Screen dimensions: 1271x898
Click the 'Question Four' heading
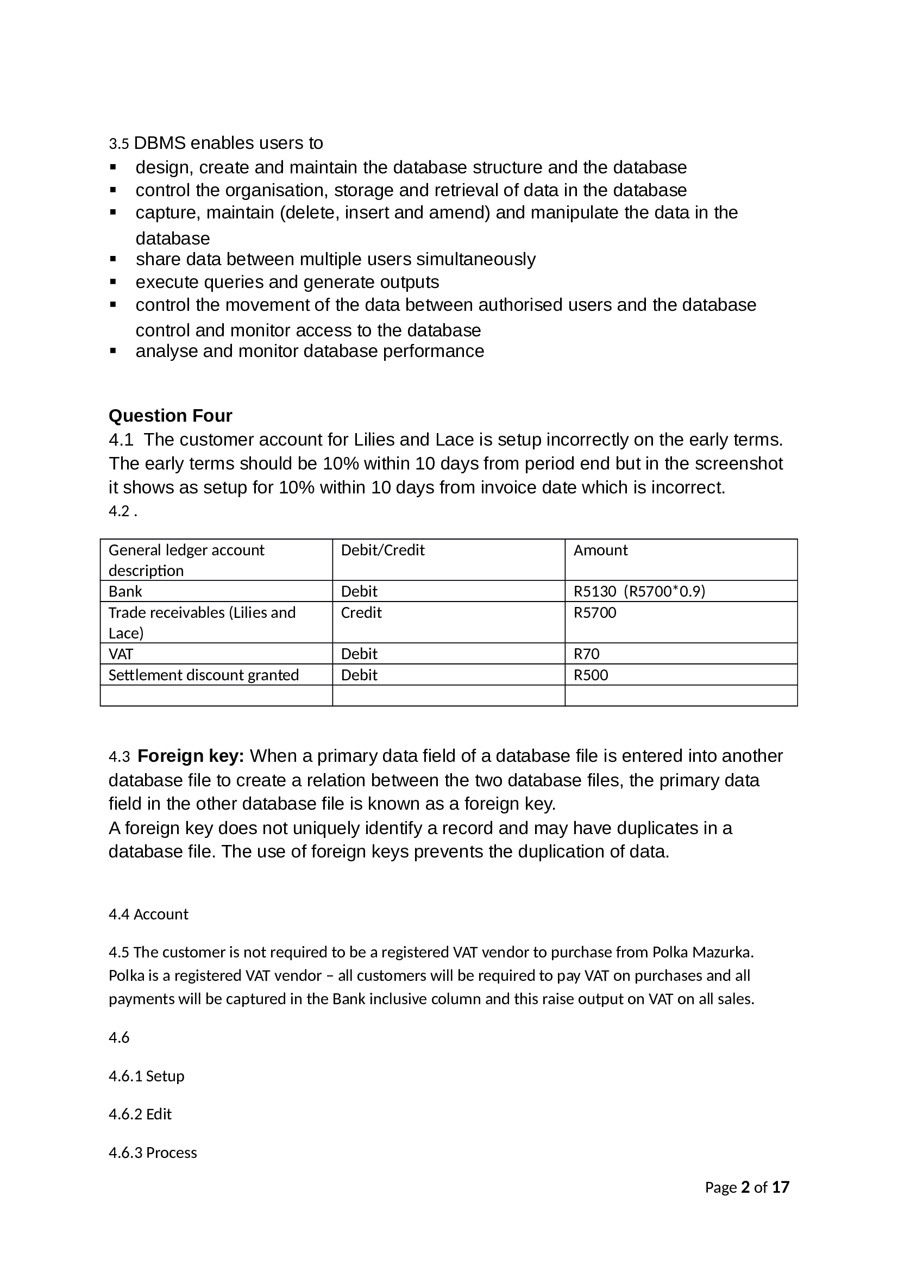click(x=170, y=415)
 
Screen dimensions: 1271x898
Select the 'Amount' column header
click(x=600, y=550)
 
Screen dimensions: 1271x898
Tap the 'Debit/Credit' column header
click(x=382, y=550)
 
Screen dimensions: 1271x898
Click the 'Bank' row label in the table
click(x=125, y=591)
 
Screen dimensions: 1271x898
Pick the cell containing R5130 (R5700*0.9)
click(x=639, y=591)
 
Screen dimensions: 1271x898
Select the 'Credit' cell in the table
click(x=361, y=612)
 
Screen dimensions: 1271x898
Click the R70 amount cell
click(x=587, y=654)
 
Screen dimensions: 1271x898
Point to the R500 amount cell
click(x=591, y=675)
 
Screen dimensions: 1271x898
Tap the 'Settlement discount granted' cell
click(x=204, y=675)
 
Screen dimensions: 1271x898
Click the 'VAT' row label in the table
click(x=121, y=654)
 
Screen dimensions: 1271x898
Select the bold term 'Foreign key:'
click(x=191, y=756)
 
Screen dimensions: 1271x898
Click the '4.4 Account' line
click(x=148, y=914)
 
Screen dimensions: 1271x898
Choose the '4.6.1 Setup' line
click(x=146, y=1075)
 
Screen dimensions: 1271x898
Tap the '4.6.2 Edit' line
click(x=140, y=1114)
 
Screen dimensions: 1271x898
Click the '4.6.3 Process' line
click(x=153, y=1153)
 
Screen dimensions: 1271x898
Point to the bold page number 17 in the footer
click(x=780, y=1187)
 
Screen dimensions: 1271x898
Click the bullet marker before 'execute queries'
click(x=114, y=282)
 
